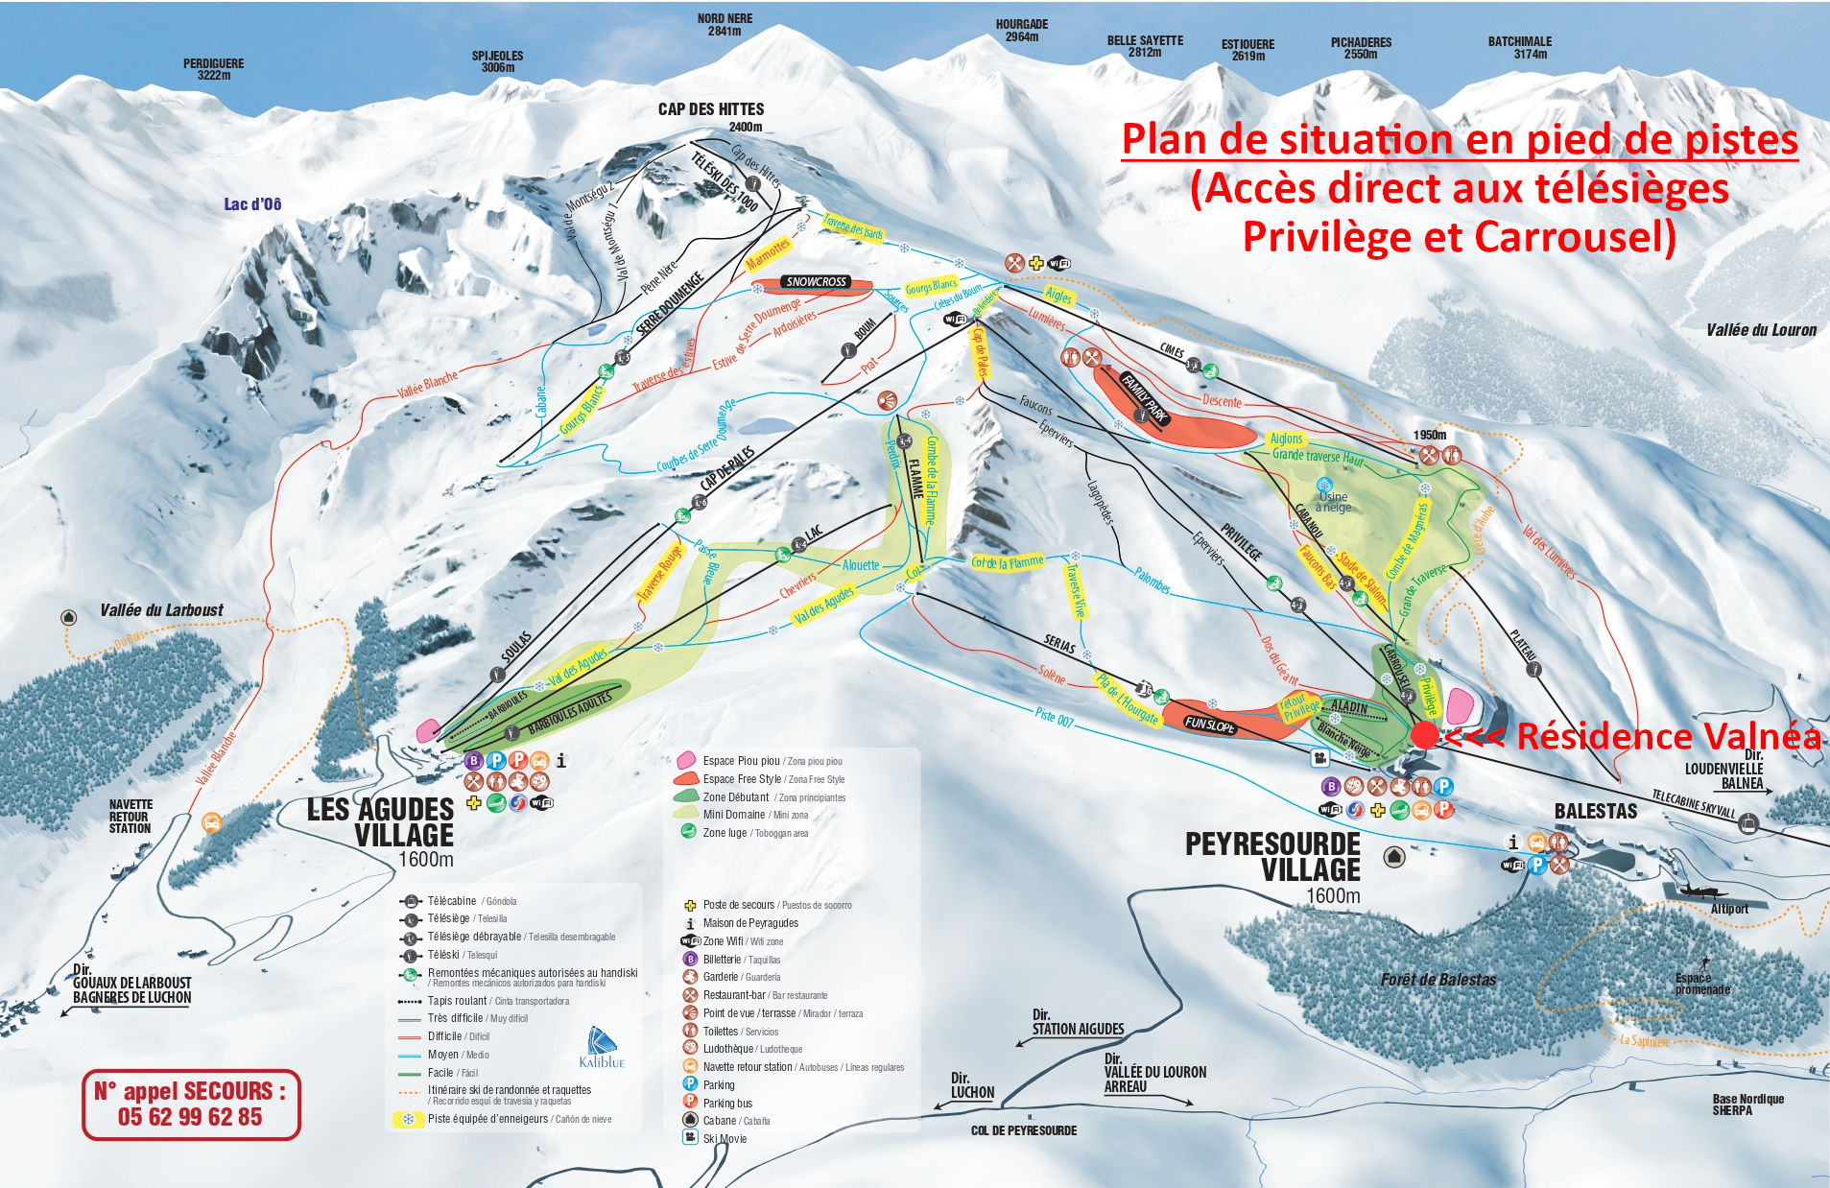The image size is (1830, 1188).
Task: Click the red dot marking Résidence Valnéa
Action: [1425, 735]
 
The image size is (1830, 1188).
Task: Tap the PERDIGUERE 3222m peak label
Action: [213, 69]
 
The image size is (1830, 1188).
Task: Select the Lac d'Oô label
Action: [252, 204]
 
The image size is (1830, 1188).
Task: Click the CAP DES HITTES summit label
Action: [711, 109]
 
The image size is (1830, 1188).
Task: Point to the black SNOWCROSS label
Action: [816, 281]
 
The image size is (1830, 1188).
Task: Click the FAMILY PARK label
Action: [1144, 397]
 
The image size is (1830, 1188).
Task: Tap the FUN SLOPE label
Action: [1209, 725]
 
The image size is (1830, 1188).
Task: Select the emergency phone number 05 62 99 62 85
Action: [190, 1117]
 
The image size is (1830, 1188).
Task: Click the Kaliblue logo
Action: [602, 1048]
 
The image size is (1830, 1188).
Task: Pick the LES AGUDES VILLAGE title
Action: [380, 822]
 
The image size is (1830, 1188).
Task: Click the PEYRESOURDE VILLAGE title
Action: [1272, 857]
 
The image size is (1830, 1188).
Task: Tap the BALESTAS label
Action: [1596, 812]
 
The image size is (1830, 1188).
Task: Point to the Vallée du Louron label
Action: [1761, 330]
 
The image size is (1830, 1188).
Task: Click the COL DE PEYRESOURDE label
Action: [1023, 1130]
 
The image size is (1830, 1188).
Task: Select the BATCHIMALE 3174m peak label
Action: [1519, 47]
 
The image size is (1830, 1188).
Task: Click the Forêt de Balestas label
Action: [1438, 980]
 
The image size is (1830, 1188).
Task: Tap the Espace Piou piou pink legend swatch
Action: [686, 761]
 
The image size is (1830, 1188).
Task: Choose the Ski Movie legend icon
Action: [689, 1137]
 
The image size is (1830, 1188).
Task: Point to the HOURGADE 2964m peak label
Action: [1021, 31]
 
